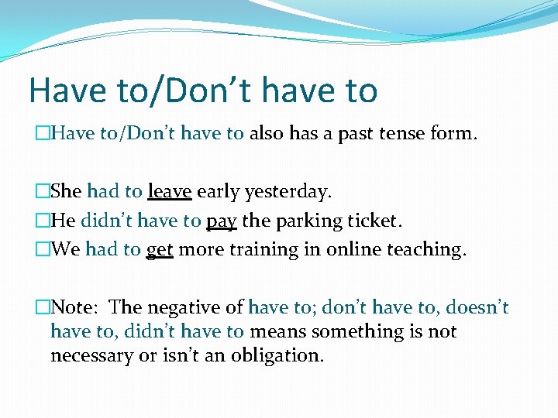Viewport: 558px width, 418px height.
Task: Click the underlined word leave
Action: pos(169,192)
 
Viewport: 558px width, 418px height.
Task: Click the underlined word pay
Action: pos(221,221)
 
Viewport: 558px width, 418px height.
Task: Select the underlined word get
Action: pos(159,250)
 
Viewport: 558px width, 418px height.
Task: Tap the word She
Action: pos(67,192)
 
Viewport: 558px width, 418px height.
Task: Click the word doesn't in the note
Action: pos(478,307)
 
